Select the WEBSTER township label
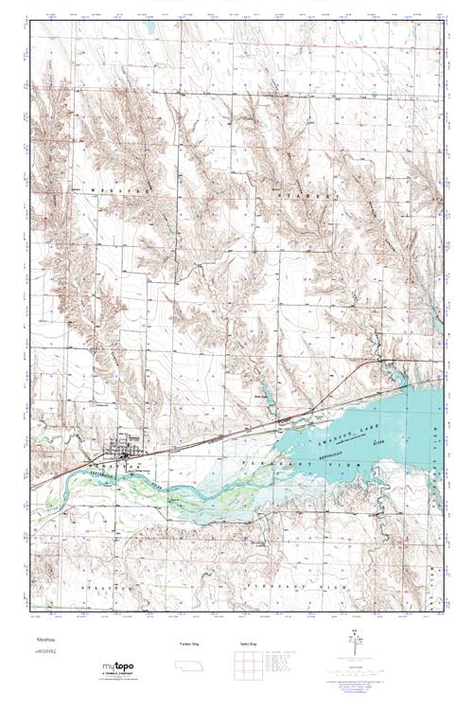123,189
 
